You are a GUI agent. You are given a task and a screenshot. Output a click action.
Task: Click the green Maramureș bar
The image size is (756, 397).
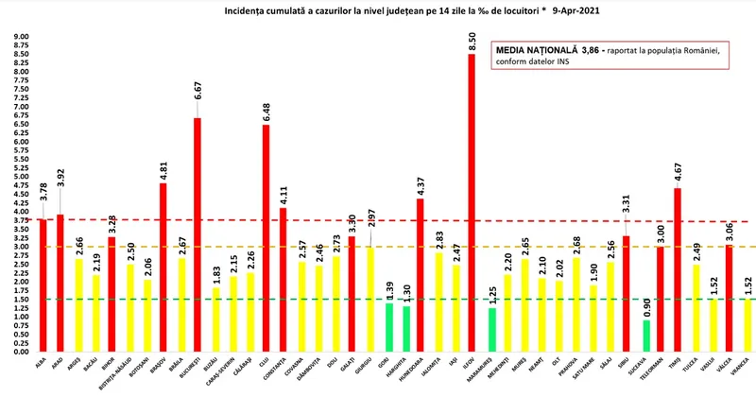click(x=492, y=330)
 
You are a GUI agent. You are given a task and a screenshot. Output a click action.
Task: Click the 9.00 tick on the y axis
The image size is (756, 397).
click(x=21, y=37)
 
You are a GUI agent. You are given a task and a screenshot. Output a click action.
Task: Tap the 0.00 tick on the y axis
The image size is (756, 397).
click(x=21, y=352)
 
